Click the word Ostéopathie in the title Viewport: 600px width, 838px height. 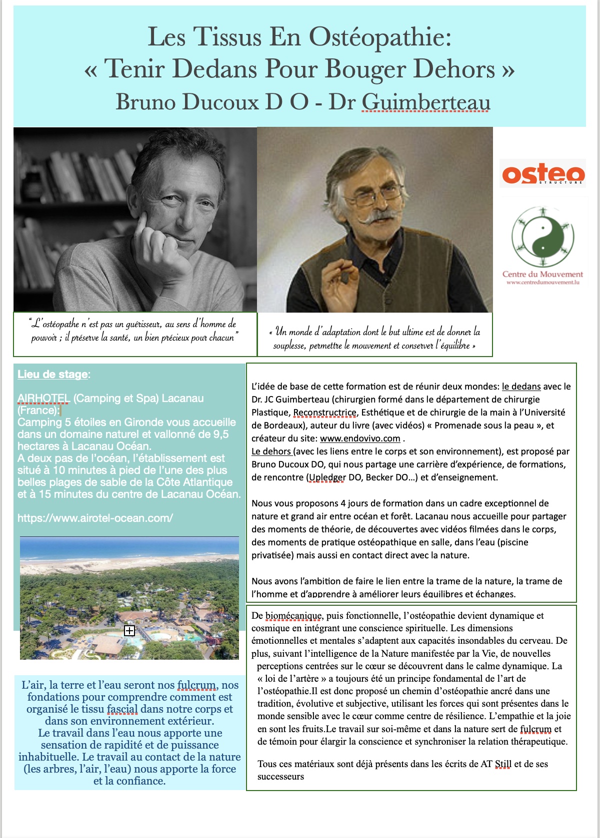coord(380,37)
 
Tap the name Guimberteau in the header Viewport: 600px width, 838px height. coord(425,102)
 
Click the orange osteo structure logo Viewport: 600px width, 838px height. coord(542,174)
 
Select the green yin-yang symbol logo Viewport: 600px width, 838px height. coord(542,237)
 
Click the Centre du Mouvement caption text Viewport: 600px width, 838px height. coord(542,274)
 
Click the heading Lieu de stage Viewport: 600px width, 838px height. coord(52,375)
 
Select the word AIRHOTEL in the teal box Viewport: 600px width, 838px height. coord(43,399)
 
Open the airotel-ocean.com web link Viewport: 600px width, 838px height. coord(95,518)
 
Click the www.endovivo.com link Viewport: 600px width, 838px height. coord(360,438)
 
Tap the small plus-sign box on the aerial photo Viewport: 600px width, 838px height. coord(129,631)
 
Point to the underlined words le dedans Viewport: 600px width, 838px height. coord(521,387)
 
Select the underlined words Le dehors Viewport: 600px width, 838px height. coord(271,451)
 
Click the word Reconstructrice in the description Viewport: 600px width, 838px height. coord(324,413)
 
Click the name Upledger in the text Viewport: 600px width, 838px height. coord(327,477)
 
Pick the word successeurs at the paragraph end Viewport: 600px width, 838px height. coord(280,777)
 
